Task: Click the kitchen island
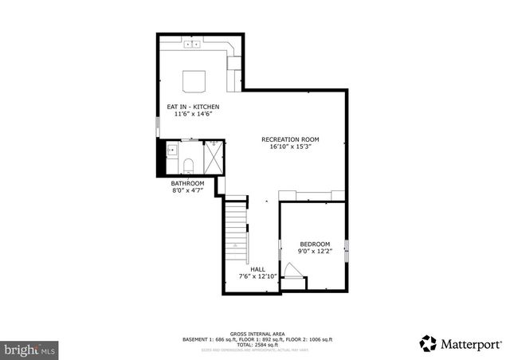(x=194, y=81)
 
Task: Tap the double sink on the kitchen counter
(x=192, y=45)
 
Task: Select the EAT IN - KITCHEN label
(x=192, y=107)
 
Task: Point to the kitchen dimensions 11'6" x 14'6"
(x=192, y=115)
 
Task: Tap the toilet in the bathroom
(x=189, y=166)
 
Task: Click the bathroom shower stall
(x=214, y=155)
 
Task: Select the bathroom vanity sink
(x=172, y=150)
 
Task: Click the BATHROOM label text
(x=188, y=183)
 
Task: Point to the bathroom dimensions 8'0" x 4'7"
(x=188, y=191)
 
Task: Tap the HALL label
(x=257, y=269)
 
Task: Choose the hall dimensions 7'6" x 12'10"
(x=257, y=277)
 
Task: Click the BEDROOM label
(x=314, y=244)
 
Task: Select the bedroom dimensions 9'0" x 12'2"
(x=314, y=252)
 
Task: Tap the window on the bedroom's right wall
(x=347, y=250)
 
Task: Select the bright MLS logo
(x=29, y=349)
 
